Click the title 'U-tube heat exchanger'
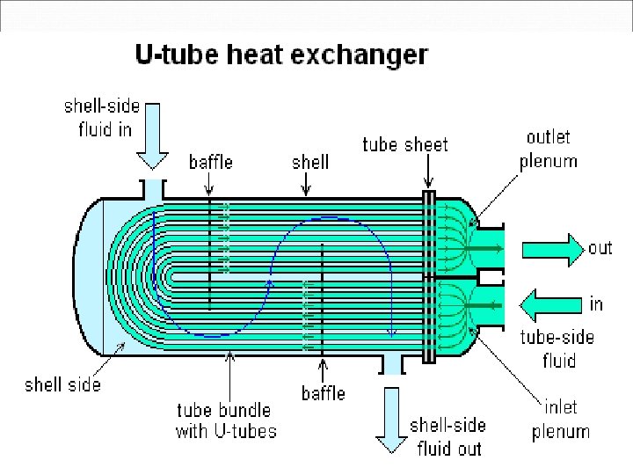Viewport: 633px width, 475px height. [x=281, y=55]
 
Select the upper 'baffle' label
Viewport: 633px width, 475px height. [x=211, y=162]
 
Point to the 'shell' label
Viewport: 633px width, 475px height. [x=310, y=162]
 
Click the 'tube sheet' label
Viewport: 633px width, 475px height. [x=405, y=144]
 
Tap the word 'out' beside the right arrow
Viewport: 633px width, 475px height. [x=600, y=247]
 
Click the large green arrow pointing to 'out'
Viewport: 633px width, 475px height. [x=551, y=248]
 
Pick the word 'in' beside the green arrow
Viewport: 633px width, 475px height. [x=597, y=304]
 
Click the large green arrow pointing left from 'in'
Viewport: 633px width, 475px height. [x=552, y=305]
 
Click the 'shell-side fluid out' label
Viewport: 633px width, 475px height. [x=447, y=436]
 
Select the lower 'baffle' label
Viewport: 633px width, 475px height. [x=324, y=393]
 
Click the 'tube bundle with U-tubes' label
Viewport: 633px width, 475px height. [x=226, y=420]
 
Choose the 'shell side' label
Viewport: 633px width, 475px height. [x=62, y=384]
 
